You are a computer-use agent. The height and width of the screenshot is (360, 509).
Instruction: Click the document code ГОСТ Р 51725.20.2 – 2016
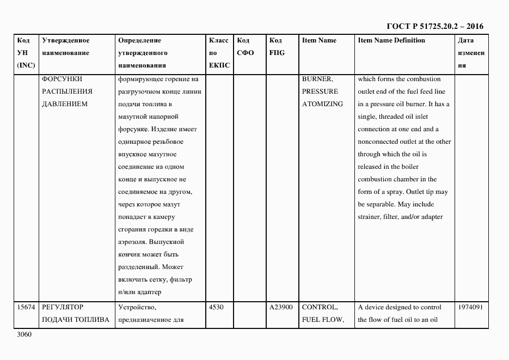point(434,26)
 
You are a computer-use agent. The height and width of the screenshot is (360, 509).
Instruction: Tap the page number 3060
point(25,334)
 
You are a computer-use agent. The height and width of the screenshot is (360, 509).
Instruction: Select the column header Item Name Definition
point(391,40)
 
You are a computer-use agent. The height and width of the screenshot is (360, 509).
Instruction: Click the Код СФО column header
point(246,47)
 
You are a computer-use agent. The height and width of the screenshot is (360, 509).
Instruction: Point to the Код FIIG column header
point(276,47)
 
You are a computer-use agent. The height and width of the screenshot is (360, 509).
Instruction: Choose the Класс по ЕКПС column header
point(218,53)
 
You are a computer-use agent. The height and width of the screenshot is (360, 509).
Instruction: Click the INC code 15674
point(26,307)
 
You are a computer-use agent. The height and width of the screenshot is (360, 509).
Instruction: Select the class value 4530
point(216,307)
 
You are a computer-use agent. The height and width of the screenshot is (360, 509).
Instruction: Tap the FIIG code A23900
point(281,307)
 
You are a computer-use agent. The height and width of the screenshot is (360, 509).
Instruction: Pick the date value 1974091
point(470,307)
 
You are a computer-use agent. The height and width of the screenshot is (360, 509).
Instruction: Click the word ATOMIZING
point(322,104)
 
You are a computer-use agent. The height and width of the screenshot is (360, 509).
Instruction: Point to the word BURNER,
point(317,79)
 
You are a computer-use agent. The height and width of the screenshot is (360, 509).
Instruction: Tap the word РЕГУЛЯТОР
point(63,307)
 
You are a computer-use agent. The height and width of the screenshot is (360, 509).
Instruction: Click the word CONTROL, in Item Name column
point(320,307)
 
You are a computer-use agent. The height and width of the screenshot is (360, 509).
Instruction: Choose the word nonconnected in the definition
point(380,142)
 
